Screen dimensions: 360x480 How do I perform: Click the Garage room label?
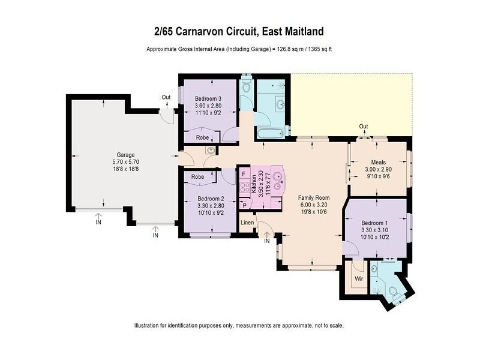pos(125,154)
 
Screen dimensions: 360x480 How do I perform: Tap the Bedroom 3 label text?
pos(208,99)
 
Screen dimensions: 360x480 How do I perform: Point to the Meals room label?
pos(379,161)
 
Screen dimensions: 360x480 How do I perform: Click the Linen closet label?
pos(247,223)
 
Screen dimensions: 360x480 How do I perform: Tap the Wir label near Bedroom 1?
pos(359,279)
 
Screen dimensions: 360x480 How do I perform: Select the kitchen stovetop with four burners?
pos(244,187)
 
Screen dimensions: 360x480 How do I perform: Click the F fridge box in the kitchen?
pos(244,173)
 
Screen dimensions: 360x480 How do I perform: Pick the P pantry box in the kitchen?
pos(244,205)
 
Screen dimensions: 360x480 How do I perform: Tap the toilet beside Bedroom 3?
pos(246,87)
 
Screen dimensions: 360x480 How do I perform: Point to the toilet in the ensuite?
pos(393,292)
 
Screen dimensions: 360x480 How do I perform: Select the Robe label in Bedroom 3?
pos(203,137)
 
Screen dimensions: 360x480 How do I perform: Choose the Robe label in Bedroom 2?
pos(197,177)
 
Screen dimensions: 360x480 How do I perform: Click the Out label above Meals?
pos(363,126)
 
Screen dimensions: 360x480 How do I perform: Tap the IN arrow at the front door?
pos(267,241)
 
